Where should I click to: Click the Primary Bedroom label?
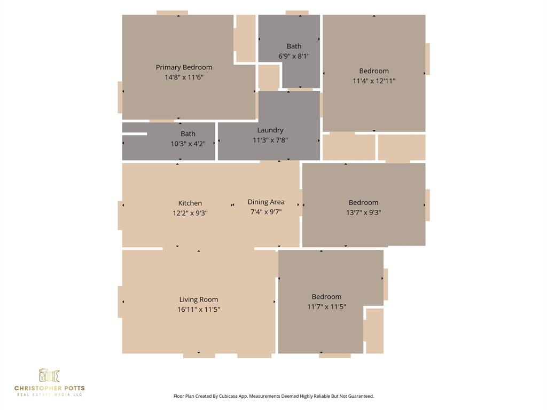(x=184, y=67)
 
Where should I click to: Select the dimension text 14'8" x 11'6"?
(x=184, y=77)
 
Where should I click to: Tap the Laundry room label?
(x=270, y=130)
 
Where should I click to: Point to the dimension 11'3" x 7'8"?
(x=270, y=140)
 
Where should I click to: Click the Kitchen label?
(x=190, y=203)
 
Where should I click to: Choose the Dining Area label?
(x=266, y=202)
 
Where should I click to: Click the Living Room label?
(x=199, y=299)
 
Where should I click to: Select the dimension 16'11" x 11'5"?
(x=199, y=310)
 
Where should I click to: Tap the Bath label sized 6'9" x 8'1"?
(x=294, y=46)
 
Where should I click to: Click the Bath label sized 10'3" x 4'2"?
(x=188, y=134)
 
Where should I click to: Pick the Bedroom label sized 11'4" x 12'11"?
(x=374, y=71)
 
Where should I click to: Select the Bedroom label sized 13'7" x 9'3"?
(x=363, y=202)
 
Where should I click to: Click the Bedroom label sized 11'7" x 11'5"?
(x=326, y=297)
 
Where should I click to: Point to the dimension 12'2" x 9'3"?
(x=190, y=213)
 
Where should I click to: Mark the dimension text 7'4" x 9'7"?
(x=266, y=212)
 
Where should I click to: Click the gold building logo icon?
(x=49, y=375)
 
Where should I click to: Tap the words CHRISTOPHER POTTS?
(x=49, y=388)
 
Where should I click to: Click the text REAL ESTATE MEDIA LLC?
(x=49, y=395)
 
